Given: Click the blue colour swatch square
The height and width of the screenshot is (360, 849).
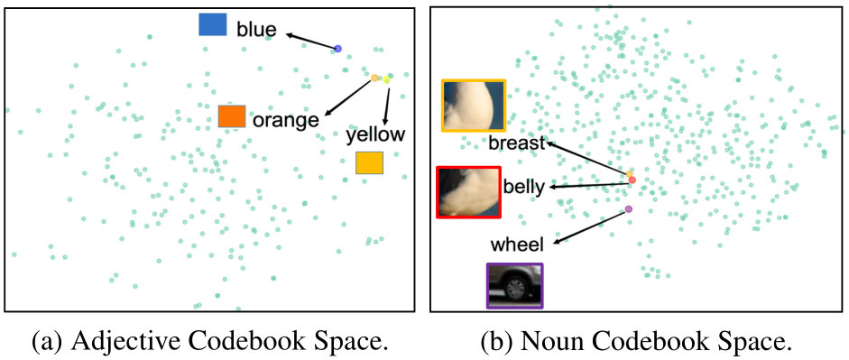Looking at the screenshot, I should pyautogui.click(x=212, y=24).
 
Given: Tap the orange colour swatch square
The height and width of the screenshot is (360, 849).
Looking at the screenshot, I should pyautogui.click(x=231, y=116).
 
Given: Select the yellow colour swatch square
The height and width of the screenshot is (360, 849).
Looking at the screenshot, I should pyautogui.click(x=369, y=162).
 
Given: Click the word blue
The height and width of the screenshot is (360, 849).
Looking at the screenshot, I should pyautogui.click(x=256, y=30).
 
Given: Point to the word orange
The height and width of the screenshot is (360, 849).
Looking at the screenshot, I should pyautogui.click(x=285, y=120).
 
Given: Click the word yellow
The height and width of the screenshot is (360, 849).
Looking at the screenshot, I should pyautogui.click(x=375, y=135).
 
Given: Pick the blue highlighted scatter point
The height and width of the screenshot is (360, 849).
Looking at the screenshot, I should pyautogui.click(x=337, y=49).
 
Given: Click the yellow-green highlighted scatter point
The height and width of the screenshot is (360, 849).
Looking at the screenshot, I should pyautogui.click(x=386, y=80).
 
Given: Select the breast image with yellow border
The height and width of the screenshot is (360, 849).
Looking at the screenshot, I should pyautogui.click(x=474, y=106).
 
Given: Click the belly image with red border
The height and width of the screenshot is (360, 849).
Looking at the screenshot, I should pyautogui.click(x=468, y=192).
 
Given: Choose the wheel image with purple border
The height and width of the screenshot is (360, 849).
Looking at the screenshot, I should pyautogui.click(x=514, y=287).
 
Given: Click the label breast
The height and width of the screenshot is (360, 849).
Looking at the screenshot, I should pyautogui.click(x=518, y=143).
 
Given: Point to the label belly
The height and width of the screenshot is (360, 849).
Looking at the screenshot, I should pyautogui.click(x=523, y=188).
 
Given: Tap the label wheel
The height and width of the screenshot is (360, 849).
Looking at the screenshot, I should pyautogui.click(x=518, y=245).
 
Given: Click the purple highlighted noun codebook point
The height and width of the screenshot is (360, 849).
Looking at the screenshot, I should pyautogui.click(x=629, y=209).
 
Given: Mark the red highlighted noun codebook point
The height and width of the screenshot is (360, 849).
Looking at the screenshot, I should pyautogui.click(x=632, y=180).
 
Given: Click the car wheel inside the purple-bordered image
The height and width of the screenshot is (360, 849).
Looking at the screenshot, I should pyautogui.click(x=517, y=289).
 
